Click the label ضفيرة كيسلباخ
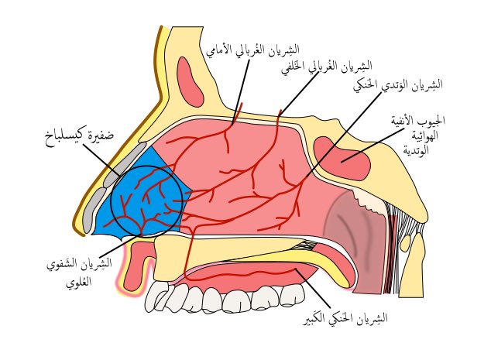coord(79,137)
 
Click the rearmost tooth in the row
coord(292,293)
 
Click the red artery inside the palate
coord(248,275)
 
